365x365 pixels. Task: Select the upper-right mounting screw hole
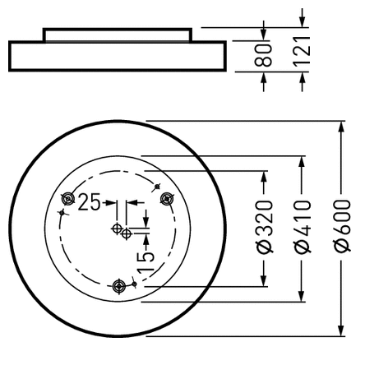[168, 197]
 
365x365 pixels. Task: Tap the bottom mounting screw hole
[121, 285]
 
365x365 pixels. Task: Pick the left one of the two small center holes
[118, 228]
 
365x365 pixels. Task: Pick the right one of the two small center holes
[127, 233]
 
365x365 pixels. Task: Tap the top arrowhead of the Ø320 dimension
[265, 178]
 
